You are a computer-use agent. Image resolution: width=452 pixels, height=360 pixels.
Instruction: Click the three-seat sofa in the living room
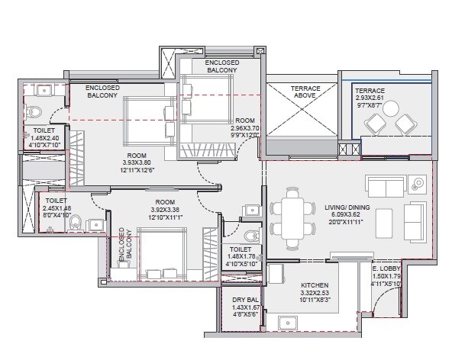pyautogui.click(x=386, y=185)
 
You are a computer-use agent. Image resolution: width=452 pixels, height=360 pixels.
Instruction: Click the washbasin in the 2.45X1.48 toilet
pyautogui.click(x=95, y=224)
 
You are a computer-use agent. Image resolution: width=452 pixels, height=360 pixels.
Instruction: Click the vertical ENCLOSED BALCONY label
pyautogui.click(x=124, y=245)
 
